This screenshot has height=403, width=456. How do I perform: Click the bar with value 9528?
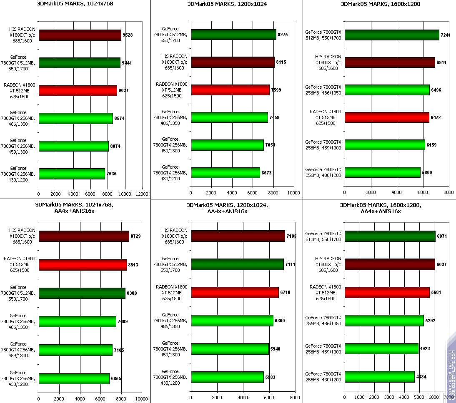point(80,35)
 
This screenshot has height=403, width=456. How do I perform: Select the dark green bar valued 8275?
point(233,35)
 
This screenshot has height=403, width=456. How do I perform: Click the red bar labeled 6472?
point(387,117)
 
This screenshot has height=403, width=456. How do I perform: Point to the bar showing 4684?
point(379,377)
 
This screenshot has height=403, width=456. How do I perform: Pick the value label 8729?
point(135,236)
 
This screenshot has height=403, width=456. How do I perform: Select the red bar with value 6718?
point(235,293)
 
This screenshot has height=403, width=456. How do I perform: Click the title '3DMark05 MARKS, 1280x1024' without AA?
point(227,4)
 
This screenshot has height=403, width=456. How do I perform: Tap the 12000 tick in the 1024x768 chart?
point(142,194)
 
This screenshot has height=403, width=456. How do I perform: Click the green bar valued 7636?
point(72,174)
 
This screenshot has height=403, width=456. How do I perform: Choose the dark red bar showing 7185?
point(238,236)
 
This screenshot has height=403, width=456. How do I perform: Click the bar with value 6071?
point(390,236)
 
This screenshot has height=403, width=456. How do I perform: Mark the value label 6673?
point(267,172)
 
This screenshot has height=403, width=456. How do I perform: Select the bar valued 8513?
point(83,264)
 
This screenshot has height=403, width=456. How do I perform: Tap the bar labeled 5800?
point(382,172)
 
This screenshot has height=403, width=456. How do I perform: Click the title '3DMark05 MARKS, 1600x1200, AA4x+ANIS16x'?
point(381,208)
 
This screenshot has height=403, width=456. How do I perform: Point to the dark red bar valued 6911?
point(390,63)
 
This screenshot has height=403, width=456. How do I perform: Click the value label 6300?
point(280,321)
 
